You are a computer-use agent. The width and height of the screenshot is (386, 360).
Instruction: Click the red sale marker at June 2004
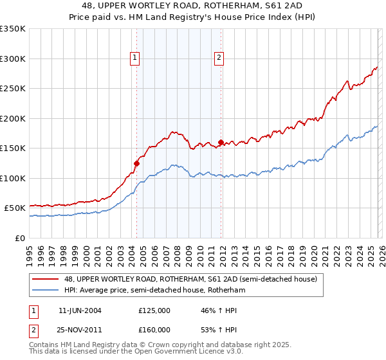pos(136,163)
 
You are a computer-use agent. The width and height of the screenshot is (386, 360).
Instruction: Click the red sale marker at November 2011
pos(221,142)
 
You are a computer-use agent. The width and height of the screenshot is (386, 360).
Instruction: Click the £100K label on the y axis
pos(14,178)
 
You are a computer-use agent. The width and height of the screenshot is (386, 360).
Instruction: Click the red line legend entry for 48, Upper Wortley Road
pos(190,280)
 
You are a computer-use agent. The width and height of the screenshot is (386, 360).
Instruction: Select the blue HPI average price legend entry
pos(154,291)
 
